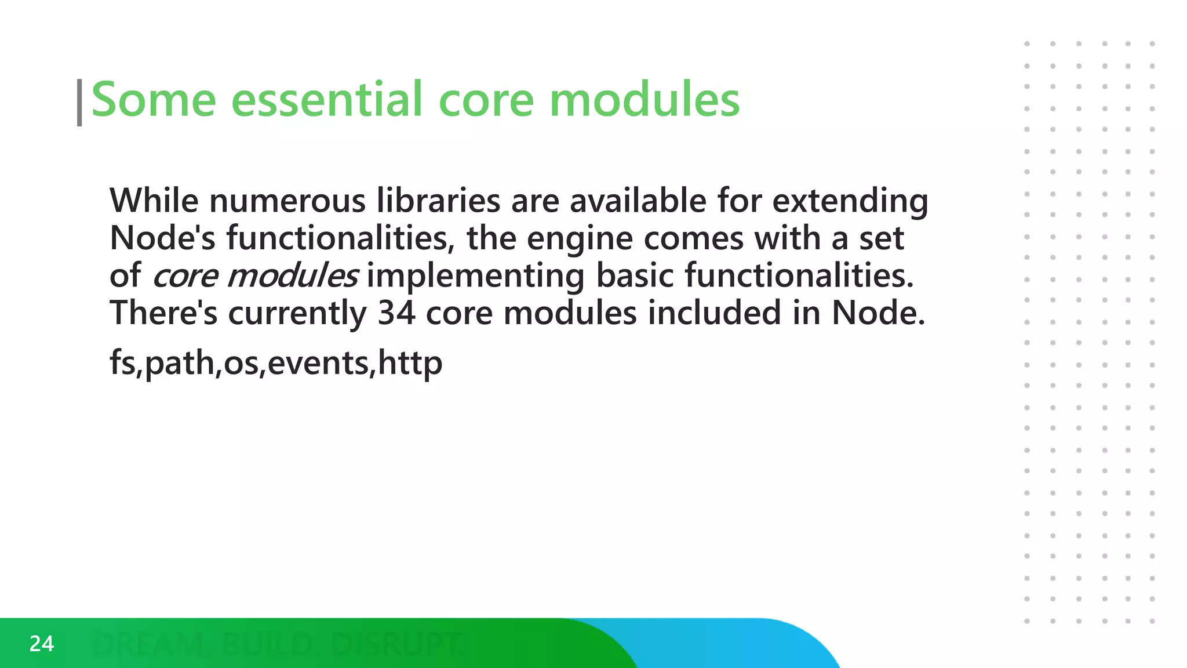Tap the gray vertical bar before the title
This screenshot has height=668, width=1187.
(x=79, y=103)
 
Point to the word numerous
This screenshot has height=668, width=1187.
(x=287, y=201)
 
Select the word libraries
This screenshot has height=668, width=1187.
(x=438, y=201)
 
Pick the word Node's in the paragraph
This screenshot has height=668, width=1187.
(x=162, y=238)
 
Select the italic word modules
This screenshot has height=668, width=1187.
(x=293, y=275)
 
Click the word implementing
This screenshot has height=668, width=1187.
(x=475, y=277)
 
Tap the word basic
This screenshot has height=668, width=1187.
(x=635, y=275)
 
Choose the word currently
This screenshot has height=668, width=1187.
(x=297, y=314)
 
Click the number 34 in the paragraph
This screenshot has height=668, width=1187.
(x=396, y=313)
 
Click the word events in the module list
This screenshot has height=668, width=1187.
(x=318, y=364)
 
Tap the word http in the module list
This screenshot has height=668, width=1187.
(x=410, y=364)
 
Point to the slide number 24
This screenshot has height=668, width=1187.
(x=42, y=644)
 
